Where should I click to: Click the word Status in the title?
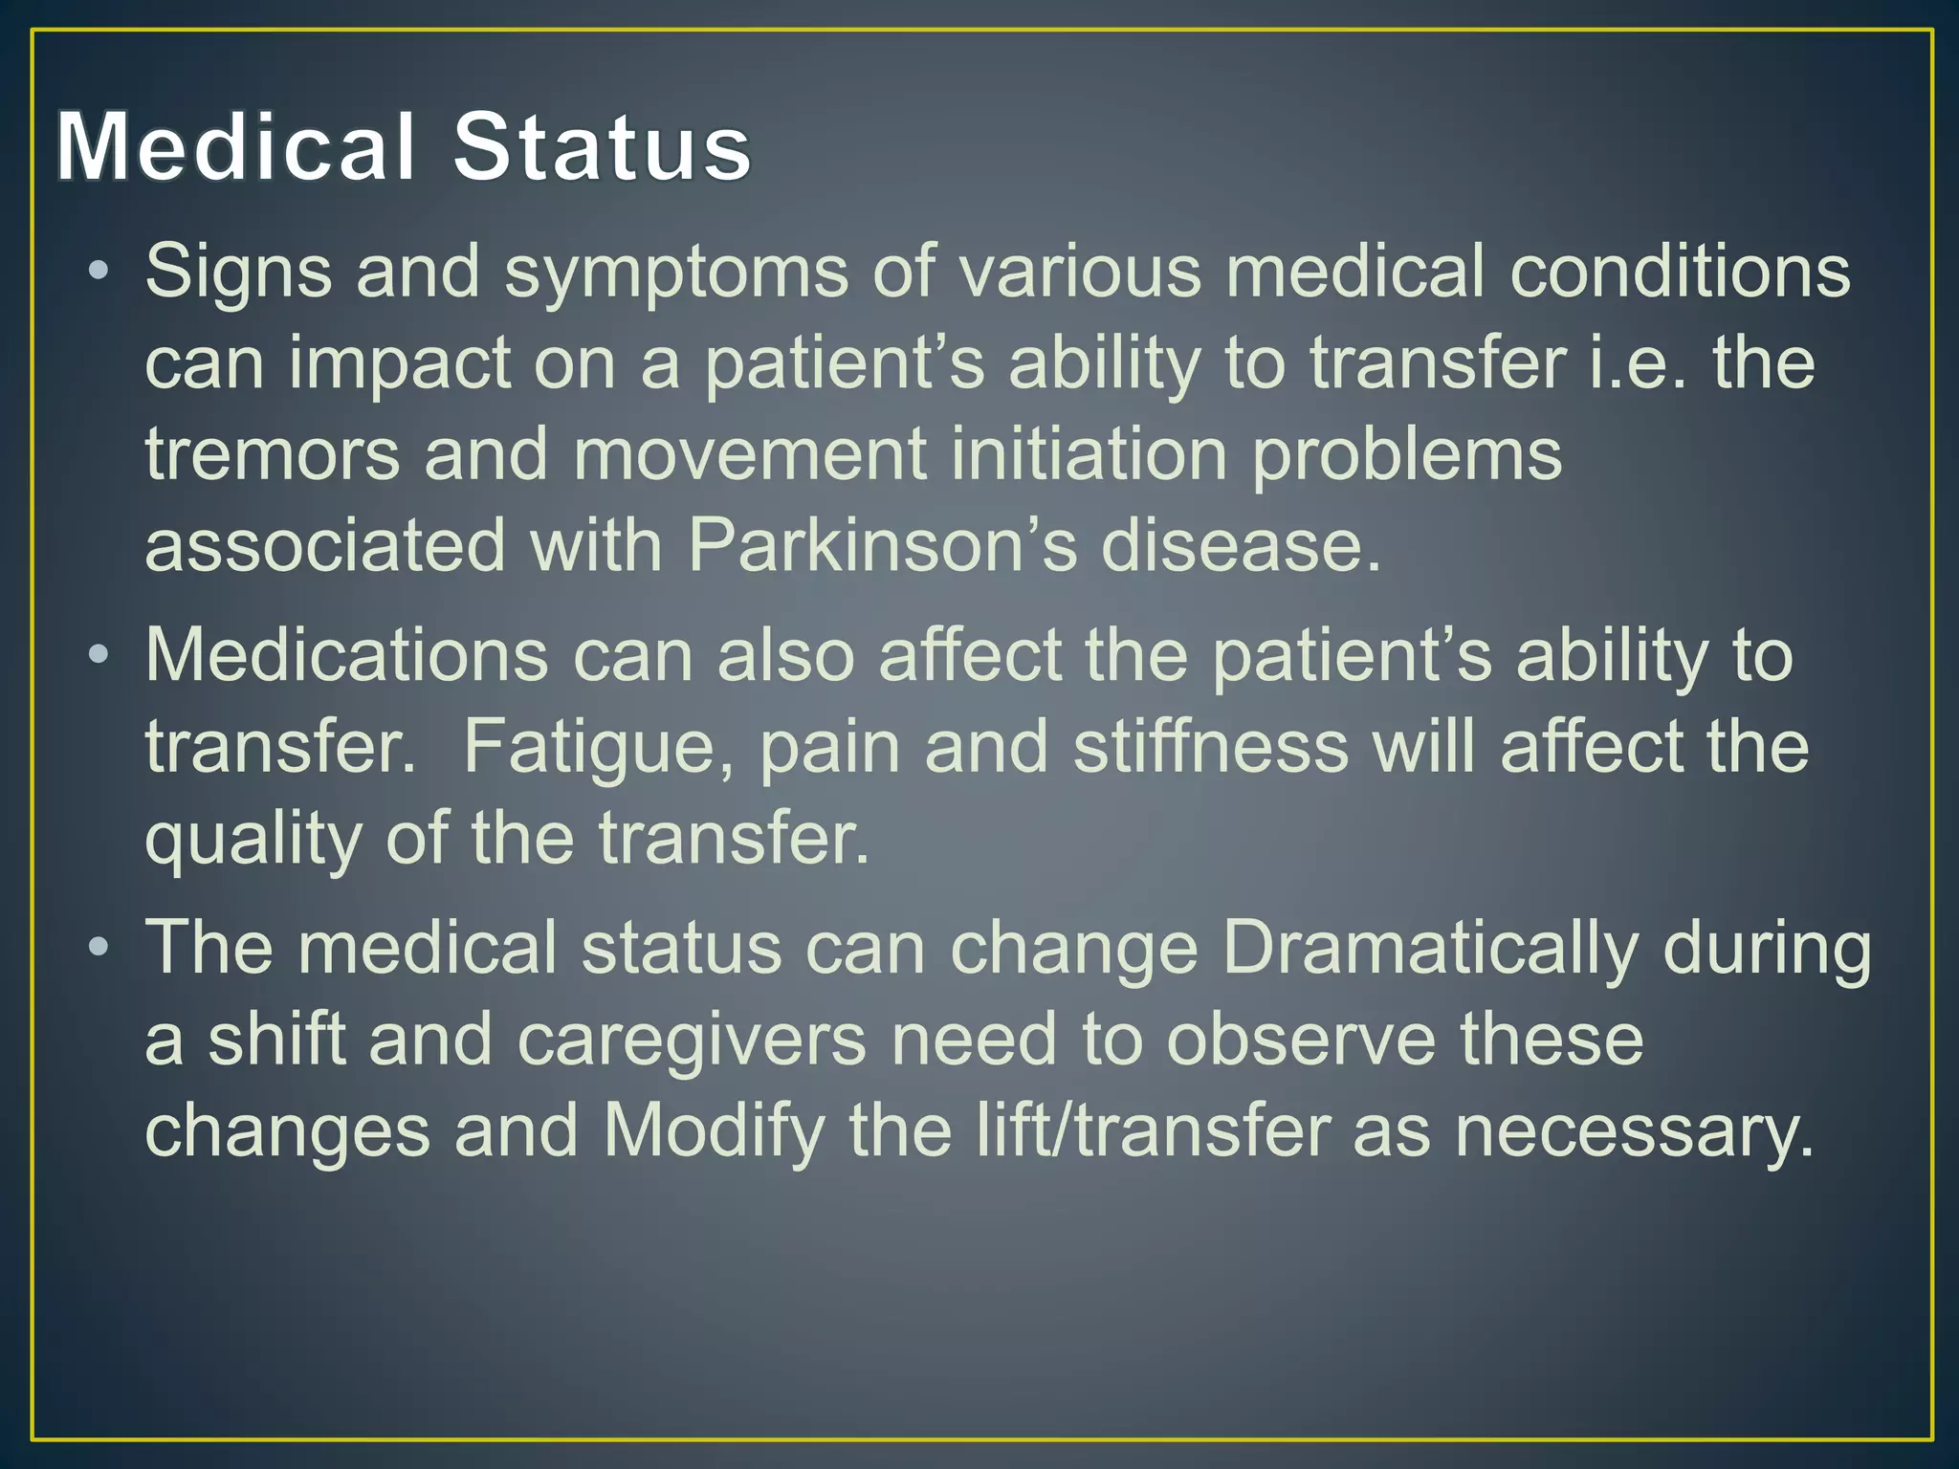pos(603,147)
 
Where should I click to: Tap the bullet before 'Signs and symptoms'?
pos(98,272)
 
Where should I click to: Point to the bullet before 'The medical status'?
pos(98,948)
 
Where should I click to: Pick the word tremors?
pos(273,454)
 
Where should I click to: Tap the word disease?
pos(1241,546)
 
